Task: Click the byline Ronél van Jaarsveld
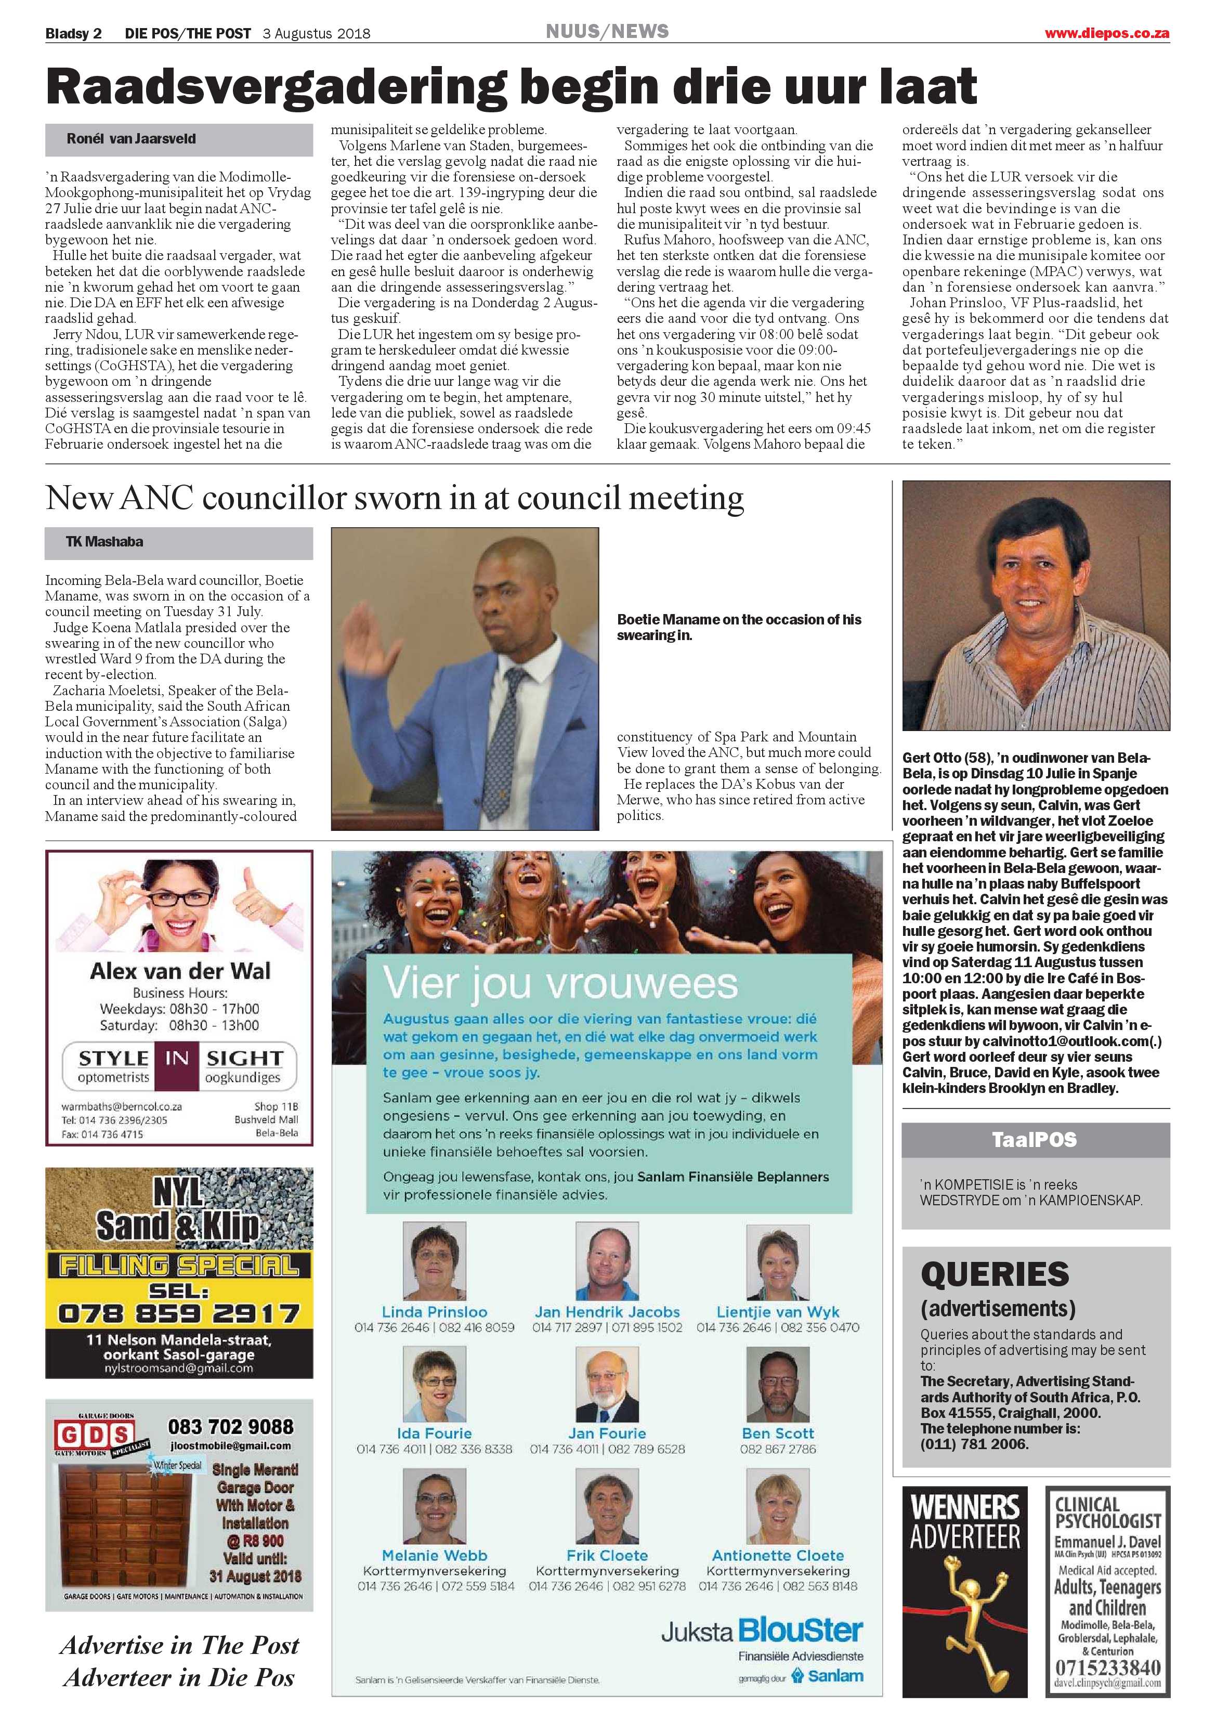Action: [x=131, y=139]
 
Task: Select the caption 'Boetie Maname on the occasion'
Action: [x=739, y=627]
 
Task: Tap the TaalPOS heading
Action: [x=1034, y=1139]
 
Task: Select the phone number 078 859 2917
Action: [x=179, y=1313]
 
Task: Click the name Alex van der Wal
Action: [x=180, y=972]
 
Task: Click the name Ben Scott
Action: [x=778, y=1433]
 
